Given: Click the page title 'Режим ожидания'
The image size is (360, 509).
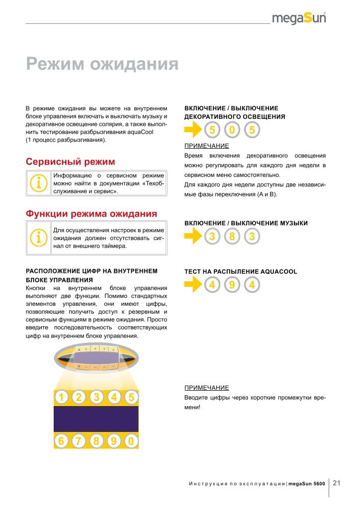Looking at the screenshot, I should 102,64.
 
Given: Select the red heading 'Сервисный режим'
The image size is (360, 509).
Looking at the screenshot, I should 70,162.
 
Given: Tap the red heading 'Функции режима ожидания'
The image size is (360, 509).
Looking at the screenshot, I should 91,214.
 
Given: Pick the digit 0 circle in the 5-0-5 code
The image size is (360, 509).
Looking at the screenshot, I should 232,131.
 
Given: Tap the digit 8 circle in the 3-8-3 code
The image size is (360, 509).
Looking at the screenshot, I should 232,237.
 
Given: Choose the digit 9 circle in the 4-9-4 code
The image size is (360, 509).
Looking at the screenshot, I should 232,285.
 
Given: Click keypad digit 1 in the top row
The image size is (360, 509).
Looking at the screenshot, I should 61,397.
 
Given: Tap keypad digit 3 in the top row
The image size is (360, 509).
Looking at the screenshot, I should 96,397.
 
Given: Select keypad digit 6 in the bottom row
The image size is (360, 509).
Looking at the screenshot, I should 61,441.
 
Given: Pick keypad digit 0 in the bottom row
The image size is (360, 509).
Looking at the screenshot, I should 131,441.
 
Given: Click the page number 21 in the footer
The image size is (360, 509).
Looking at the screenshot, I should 337,483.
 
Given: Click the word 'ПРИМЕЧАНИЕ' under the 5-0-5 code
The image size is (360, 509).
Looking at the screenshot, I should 207,146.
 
